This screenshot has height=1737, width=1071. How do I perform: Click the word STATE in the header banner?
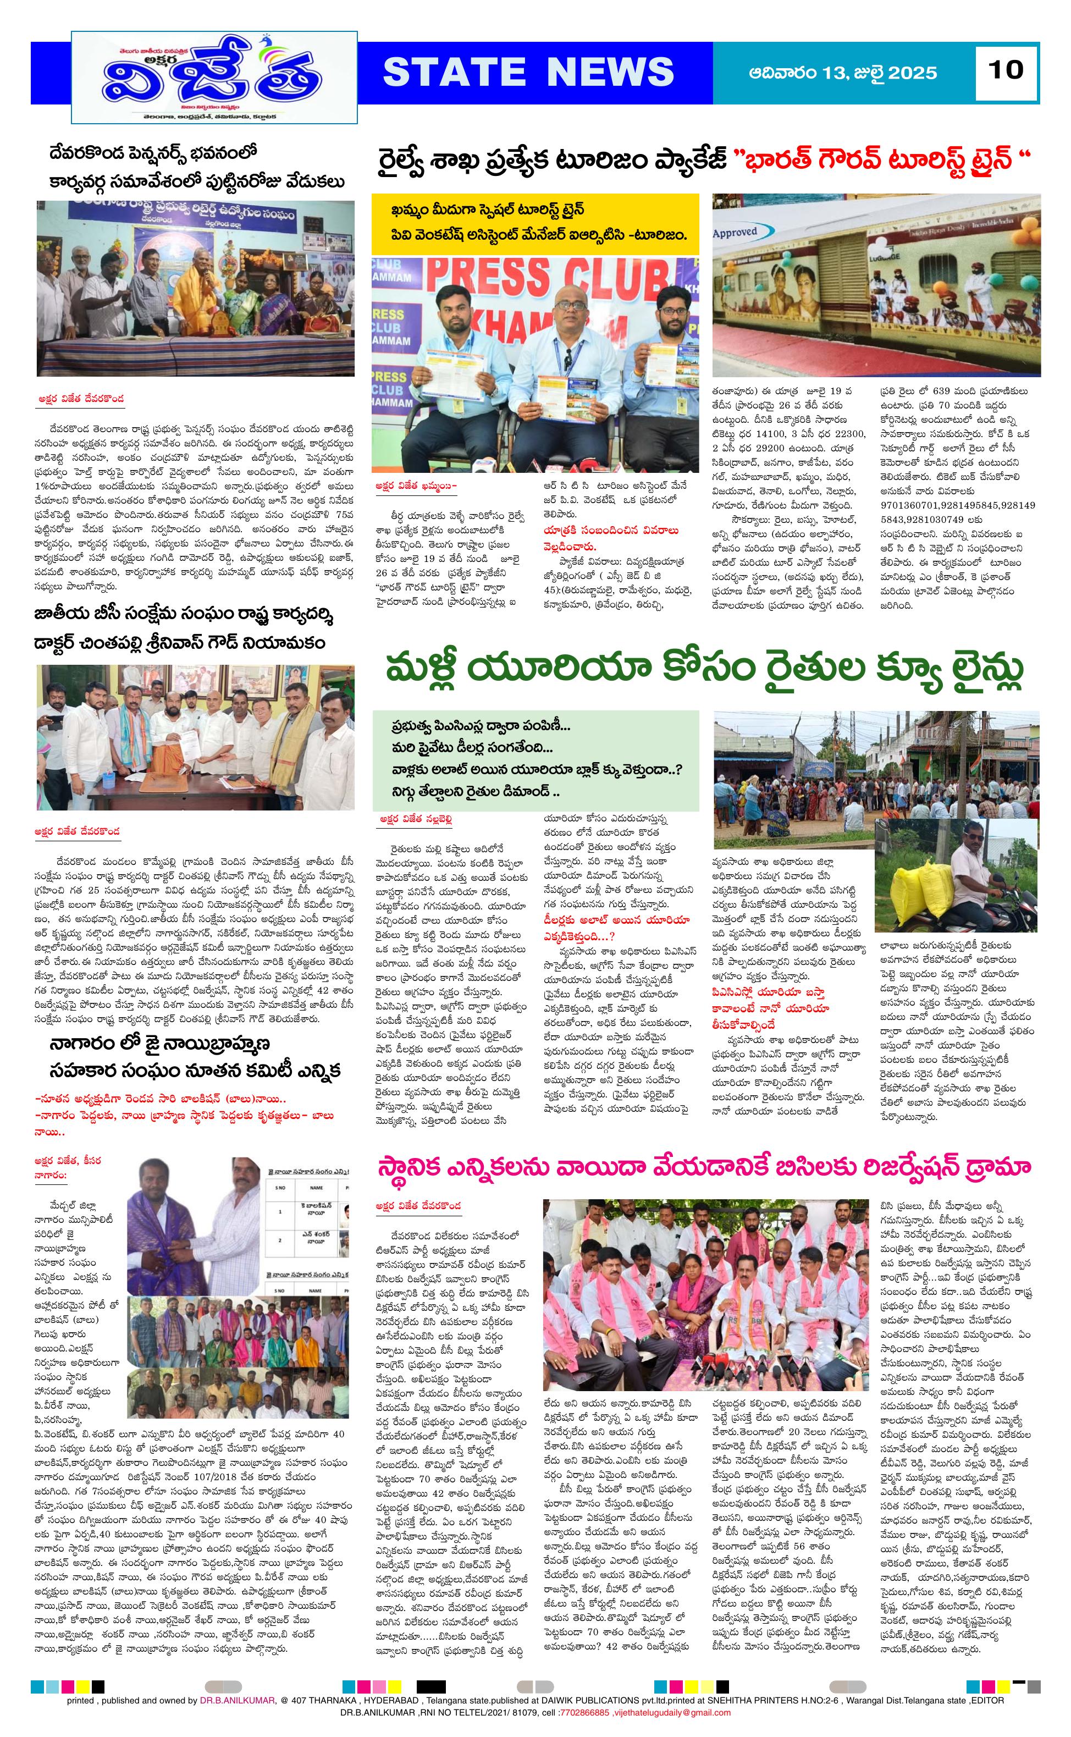pos(454,72)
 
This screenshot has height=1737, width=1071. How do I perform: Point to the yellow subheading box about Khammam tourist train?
pos(535,224)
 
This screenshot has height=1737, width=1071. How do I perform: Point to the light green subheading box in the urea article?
pos(535,760)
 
